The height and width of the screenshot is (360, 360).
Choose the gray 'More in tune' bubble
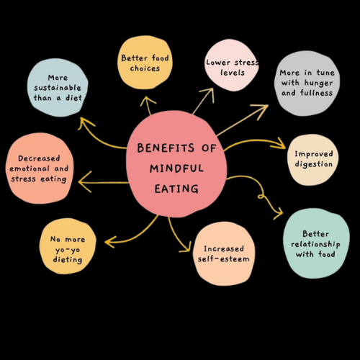pyautogui.click(x=307, y=83)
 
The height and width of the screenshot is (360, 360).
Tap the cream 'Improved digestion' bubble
pyautogui.click(x=312, y=158)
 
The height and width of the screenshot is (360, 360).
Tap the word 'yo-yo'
pyautogui.click(x=66, y=250)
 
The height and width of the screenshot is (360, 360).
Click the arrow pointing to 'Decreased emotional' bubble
pyautogui.click(x=101, y=181)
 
